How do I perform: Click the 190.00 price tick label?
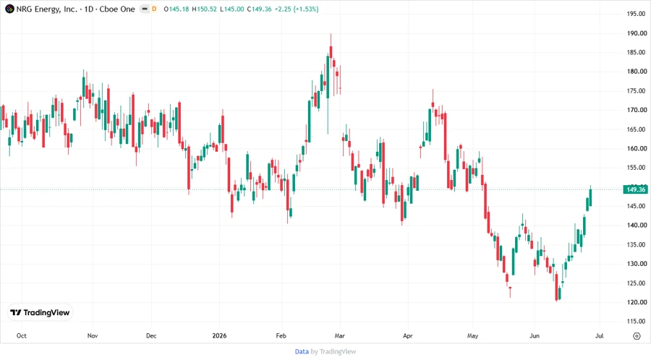[637, 33]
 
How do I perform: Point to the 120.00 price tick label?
[637, 302]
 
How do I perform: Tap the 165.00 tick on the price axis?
[637, 129]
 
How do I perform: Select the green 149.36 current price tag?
[636, 189]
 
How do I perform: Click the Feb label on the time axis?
[281, 335]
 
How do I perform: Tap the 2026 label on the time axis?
[219, 335]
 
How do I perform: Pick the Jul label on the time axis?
[599, 335]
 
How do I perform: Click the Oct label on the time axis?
[21, 335]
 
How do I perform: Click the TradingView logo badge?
[40, 313]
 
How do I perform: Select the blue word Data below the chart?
[302, 352]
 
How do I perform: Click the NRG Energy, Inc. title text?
[46, 9]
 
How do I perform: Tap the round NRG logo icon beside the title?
[9, 9]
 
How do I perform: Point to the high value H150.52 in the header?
[204, 9]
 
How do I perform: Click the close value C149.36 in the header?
[259, 9]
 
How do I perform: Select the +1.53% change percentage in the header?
[306, 9]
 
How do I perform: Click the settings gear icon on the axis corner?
[637, 336]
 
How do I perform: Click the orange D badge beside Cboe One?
[154, 9]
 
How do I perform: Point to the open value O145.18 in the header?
[176, 9]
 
